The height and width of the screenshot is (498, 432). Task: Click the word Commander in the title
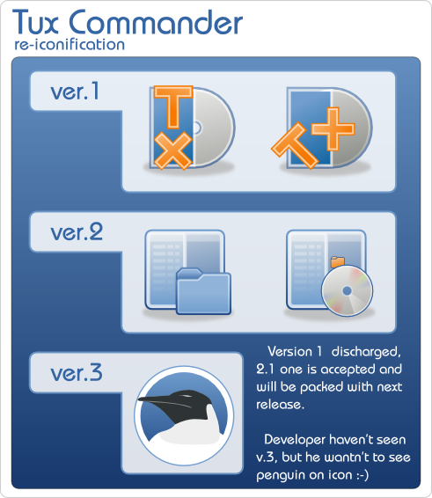pos(156,22)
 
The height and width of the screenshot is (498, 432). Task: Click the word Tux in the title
pos(35,22)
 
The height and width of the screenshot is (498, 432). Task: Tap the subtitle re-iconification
pos(70,44)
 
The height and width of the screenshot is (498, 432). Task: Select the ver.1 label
pos(75,92)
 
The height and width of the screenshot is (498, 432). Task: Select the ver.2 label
pos(77,232)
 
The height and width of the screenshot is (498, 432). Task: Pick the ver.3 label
pos(77,372)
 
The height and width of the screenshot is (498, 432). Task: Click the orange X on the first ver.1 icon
pos(173,150)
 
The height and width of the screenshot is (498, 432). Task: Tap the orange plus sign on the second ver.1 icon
pos(333,128)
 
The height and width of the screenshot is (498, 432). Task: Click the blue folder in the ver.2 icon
pos(203,291)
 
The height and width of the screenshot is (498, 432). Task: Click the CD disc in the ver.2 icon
pos(347,291)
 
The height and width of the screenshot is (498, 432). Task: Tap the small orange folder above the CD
pos(338,262)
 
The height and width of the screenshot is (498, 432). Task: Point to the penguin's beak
pos(156,400)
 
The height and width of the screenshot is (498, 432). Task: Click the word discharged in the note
pos(366,352)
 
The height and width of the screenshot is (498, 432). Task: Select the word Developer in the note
pos(295,440)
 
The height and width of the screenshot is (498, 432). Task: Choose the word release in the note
pos(280,405)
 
